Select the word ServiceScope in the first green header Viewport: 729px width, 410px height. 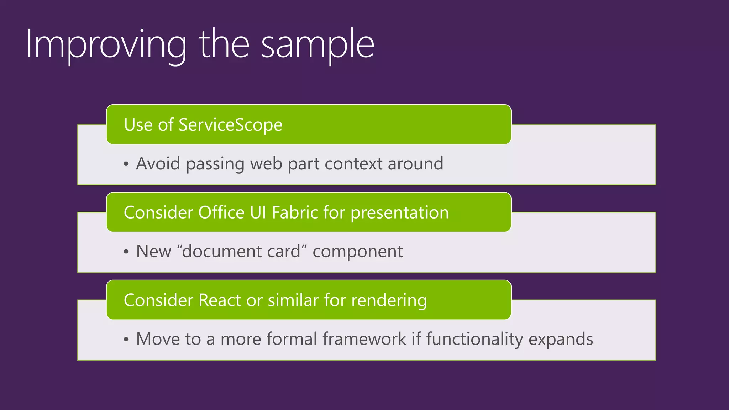point(230,125)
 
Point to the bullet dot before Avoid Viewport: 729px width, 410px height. point(126,164)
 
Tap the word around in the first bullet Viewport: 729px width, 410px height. point(415,164)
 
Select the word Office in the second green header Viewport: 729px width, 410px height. point(221,212)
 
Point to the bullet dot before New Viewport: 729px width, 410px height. point(126,252)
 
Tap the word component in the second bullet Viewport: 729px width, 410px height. point(357,252)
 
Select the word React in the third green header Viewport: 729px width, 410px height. point(220,300)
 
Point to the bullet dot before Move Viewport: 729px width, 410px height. point(126,340)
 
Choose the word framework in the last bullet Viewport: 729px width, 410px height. point(364,339)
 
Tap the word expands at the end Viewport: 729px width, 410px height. point(561,340)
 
